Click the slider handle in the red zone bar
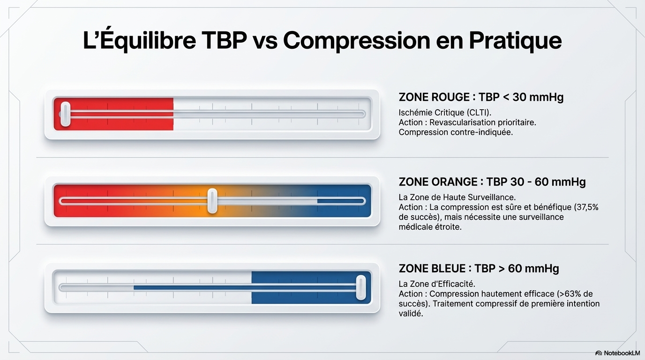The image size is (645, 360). (x=66, y=114)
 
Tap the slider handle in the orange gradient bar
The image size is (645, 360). (x=212, y=201)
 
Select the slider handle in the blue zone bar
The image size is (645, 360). (x=361, y=287)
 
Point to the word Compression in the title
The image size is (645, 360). (x=356, y=41)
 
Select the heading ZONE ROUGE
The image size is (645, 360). (x=434, y=97)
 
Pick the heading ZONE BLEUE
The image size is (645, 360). (x=432, y=269)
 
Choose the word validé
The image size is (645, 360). (x=411, y=313)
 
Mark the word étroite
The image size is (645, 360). (x=447, y=227)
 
